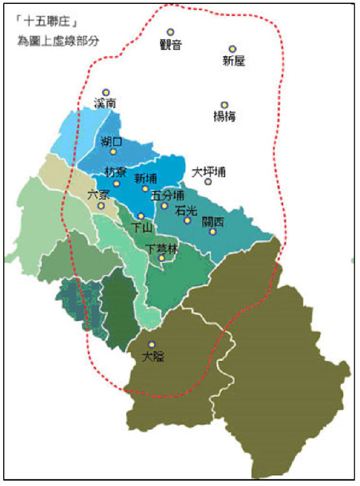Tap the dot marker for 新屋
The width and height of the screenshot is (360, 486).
(233, 49)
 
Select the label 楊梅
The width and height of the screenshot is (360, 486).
(225, 117)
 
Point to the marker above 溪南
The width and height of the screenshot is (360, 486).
(106, 92)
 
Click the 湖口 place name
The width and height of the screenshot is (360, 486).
(112, 141)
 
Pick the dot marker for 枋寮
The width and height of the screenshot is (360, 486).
(116, 183)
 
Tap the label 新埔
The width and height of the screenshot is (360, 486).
(145, 178)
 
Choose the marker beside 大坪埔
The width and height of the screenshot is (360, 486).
(208, 181)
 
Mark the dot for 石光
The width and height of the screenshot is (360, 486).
(187, 220)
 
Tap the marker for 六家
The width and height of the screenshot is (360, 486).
(101, 206)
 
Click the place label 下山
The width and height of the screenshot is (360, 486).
(142, 227)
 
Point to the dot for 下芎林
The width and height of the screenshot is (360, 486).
(161, 258)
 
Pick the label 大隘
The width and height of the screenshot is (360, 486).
(153, 356)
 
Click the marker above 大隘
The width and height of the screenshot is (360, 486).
(152, 345)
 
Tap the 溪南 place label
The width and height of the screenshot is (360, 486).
(105, 104)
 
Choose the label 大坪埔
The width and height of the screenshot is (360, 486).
(209, 172)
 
